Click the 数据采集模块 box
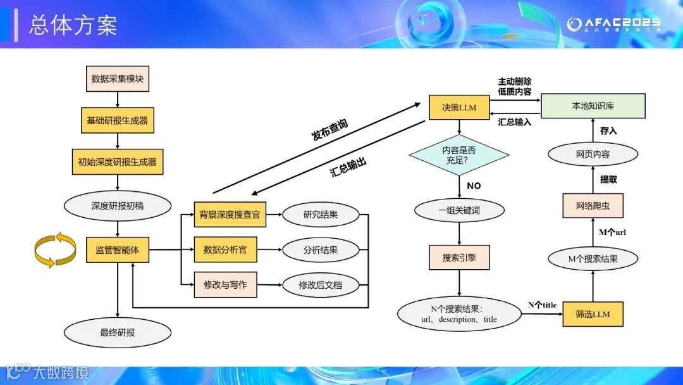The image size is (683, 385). click(117, 79)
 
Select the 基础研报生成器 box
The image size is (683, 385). click(117, 120)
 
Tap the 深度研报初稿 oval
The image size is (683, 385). click(117, 205)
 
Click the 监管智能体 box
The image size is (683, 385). click(117, 249)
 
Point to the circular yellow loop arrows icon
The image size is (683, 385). click(55, 249)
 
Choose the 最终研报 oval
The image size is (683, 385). click(117, 332)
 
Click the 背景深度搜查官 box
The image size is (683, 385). click(230, 214)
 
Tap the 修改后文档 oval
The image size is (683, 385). click(320, 285)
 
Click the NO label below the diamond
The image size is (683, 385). click(474, 186)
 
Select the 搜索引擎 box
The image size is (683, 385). click(459, 258)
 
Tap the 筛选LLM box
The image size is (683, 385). click(593, 314)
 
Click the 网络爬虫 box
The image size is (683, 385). click(593, 205)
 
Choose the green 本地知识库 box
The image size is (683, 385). click(593, 106)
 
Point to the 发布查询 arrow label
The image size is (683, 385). click(329, 128)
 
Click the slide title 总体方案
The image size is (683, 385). click(73, 25)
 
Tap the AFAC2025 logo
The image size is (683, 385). click(613, 24)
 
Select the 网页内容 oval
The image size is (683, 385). click(593, 154)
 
